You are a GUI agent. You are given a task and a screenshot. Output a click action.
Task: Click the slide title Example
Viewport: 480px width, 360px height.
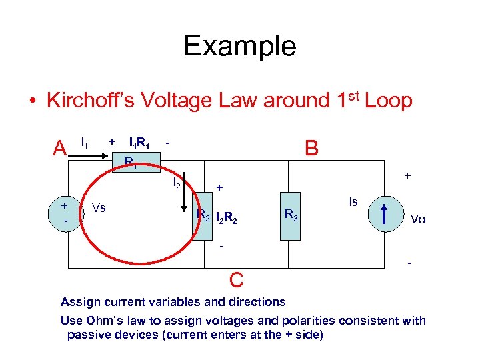point(240,46)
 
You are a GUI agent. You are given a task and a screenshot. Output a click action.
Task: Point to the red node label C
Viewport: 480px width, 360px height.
point(235,278)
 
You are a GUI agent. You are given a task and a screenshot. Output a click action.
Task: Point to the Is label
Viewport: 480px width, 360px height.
point(354,201)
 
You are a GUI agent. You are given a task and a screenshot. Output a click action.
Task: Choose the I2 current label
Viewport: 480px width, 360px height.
point(177,181)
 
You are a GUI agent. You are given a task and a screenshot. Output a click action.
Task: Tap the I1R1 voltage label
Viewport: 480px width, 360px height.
point(139,142)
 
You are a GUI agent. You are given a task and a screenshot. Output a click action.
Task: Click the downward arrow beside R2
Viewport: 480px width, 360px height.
point(187,200)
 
